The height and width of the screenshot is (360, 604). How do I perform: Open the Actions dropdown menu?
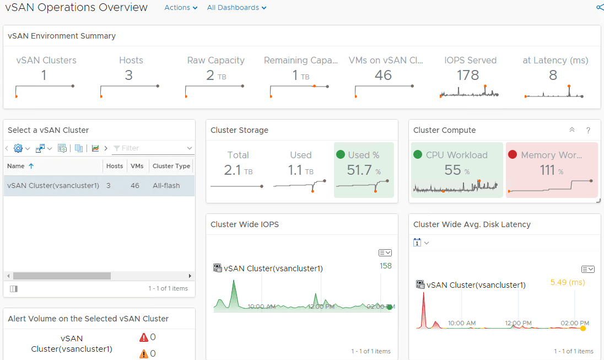180,8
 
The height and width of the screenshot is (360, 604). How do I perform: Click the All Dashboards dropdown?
236,8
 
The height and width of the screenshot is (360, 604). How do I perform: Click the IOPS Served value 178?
468,75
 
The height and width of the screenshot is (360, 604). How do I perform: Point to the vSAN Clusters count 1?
44,75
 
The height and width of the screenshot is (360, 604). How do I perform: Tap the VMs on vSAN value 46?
383,75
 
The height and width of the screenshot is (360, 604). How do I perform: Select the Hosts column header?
115,166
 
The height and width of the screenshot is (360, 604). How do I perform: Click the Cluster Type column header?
171,166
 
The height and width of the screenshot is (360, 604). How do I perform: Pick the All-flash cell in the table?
166,186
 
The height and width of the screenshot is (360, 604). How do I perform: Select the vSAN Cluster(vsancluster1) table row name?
53,186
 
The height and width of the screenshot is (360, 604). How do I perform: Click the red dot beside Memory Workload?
513,155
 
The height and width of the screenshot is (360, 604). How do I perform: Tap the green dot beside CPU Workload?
417,155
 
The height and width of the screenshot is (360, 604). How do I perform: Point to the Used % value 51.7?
359,170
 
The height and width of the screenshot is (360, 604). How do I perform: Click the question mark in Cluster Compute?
588,130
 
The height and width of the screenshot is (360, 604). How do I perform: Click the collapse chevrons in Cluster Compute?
572,130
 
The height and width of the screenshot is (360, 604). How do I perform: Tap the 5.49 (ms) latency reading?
567,283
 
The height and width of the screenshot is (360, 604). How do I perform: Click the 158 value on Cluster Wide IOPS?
386,266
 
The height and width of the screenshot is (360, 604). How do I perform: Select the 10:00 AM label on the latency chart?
462,323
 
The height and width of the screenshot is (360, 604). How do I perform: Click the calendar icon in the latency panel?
417,243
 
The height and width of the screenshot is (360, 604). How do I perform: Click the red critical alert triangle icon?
144,337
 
